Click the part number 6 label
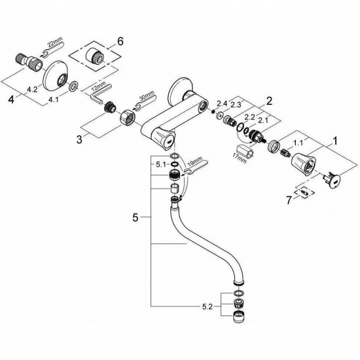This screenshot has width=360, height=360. (x=120, y=41)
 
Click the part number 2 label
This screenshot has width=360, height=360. (x=268, y=101)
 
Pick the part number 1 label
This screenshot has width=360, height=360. (x=336, y=140)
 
